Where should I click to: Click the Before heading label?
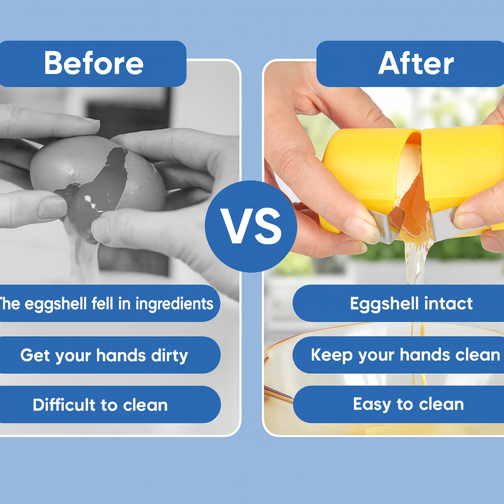pyautogui.click(x=93, y=64)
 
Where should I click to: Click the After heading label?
pyautogui.click(x=415, y=64)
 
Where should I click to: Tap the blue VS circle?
pyautogui.click(x=251, y=227)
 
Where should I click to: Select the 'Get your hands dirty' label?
pyautogui.click(x=104, y=355)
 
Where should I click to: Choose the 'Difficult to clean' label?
pyautogui.click(x=100, y=405)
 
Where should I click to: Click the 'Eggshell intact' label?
pyautogui.click(x=411, y=303)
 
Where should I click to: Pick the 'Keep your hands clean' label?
pyautogui.click(x=404, y=355)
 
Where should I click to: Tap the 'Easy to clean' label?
pyautogui.click(x=408, y=404)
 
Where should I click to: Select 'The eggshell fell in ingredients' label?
pyautogui.click(x=105, y=303)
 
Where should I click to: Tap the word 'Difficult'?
pyautogui.click(x=62, y=405)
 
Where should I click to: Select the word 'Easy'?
pyautogui.click(x=372, y=404)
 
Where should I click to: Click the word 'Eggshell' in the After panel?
pyautogui.click(x=385, y=303)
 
